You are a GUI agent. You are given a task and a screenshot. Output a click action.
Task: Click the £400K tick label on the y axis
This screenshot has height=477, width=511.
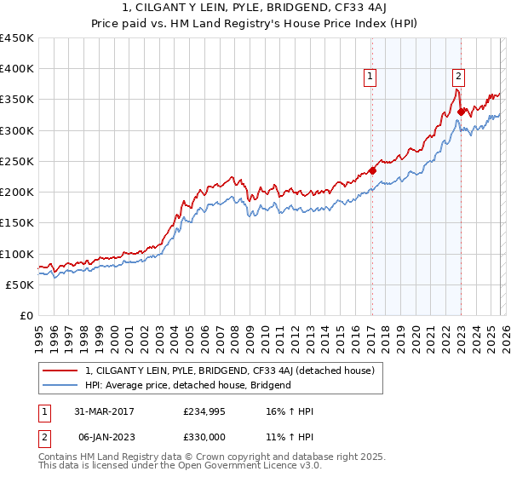tap(17, 69)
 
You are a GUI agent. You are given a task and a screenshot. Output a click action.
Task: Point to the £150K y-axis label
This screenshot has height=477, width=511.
tap(17, 223)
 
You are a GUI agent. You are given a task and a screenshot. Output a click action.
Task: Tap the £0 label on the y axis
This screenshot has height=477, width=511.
tap(26, 315)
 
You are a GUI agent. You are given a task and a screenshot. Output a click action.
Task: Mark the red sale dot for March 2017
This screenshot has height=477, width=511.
tap(372, 170)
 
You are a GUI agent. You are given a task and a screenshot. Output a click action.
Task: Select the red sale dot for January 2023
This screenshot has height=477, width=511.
tap(461, 111)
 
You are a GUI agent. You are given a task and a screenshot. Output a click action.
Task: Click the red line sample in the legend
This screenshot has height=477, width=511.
tap(60, 371)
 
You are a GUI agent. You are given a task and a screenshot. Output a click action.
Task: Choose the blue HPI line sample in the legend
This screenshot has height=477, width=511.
tap(60, 385)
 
